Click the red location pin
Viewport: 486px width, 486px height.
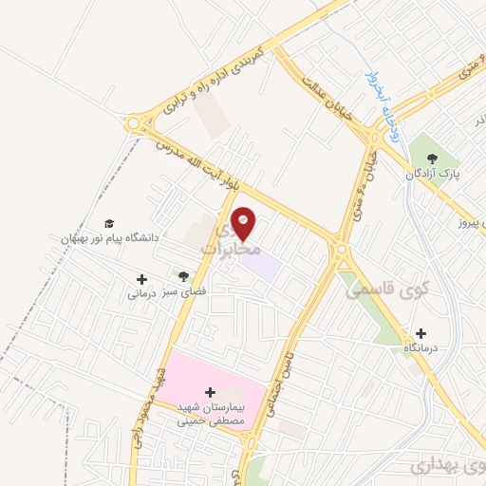(244, 222)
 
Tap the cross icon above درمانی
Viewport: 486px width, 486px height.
(142, 279)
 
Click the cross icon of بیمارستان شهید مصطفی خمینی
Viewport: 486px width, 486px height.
(210, 391)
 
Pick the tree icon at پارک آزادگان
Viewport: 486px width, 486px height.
(432, 158)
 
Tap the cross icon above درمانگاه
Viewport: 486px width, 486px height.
(421, 334)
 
